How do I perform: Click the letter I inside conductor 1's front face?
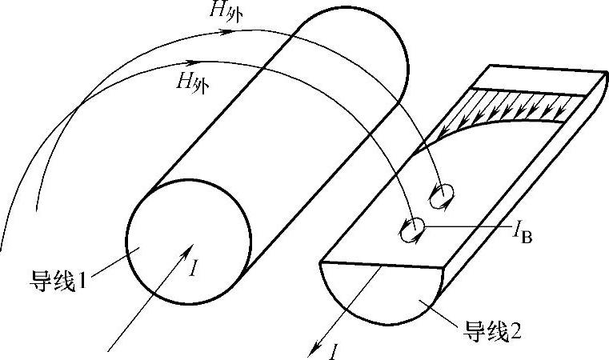coord(194,267)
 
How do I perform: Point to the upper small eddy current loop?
coord(443,193)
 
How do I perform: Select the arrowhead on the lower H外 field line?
coord(192,61)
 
